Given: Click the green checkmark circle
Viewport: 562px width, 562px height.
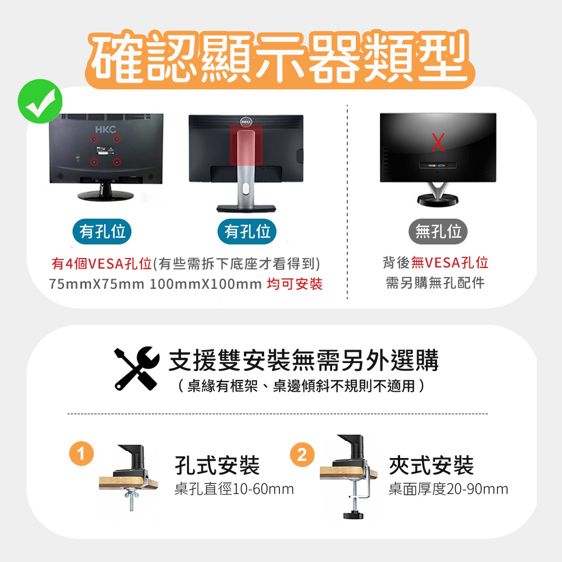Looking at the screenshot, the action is [x=40, y=101].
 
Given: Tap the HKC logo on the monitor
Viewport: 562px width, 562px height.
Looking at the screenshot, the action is [x=106, y=129].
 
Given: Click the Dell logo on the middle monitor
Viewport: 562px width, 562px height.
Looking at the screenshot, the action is [x=246, y=121].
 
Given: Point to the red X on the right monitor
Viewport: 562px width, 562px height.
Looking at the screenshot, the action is [x=438, y=142].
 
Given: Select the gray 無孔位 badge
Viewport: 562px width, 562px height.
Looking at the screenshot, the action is [x=438, y=232].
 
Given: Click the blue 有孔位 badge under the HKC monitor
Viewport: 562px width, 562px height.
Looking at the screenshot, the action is [x=102, y=232].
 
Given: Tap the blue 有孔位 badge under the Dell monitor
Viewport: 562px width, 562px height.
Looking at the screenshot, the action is [x=247, y=232].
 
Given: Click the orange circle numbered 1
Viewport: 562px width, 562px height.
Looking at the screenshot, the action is [x=81, y=454].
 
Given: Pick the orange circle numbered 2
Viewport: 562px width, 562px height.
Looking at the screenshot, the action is [x=302, y=455].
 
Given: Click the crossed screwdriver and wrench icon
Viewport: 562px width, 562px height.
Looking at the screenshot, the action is [x=137, y=368].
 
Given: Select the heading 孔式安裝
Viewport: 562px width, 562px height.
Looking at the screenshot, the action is [x=217, y=465].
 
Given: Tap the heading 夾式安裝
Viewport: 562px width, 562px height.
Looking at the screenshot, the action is [x=431, y=465].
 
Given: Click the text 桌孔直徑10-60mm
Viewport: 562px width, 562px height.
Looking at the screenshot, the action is [x=234, y=489].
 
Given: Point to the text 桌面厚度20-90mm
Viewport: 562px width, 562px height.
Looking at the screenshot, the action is [x=448, y=489].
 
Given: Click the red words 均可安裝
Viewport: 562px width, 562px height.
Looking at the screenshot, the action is [x=294, y=284].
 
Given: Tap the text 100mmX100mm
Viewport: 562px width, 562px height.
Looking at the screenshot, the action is [x=205, y=284].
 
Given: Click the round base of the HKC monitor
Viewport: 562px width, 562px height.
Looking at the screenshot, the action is [x=106, y=196].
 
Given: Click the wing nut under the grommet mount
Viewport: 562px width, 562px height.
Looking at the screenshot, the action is [x=131, y=495].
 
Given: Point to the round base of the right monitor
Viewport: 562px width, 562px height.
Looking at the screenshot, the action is [x=438, y=200].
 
